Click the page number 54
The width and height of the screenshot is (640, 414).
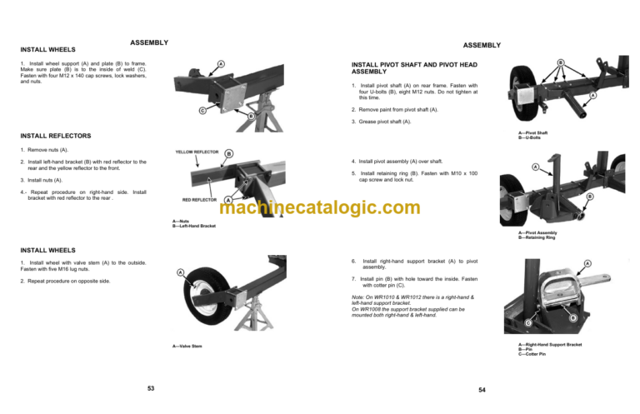482,390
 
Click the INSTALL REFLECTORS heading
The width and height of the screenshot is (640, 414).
56,136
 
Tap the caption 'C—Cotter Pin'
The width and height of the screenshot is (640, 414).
533,355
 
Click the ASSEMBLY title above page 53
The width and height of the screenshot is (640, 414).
150,42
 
